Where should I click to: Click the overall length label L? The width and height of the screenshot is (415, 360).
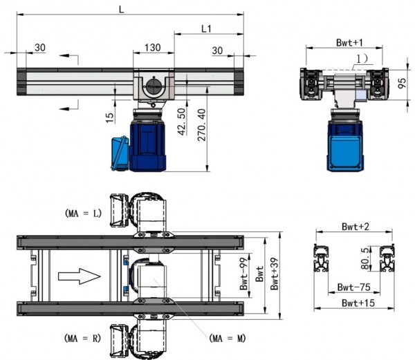[x=121, y=10]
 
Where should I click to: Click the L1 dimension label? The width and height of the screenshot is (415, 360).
[x=206, y=29]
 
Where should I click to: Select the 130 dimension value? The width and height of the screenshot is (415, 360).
[x=153, y=48]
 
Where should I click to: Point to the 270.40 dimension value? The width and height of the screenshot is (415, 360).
[x=202, y=125]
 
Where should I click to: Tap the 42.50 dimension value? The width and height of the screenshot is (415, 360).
[x=182, y=122]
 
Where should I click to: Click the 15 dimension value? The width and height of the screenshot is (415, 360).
[x=109, y=118]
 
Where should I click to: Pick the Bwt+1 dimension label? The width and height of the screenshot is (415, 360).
[x=349, y=43]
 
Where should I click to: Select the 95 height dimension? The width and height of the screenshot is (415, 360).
[x=402, y=84]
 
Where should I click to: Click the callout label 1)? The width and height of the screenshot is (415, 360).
[x=361, y=59]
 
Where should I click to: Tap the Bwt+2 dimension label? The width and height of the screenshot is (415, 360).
[x=356, y=227]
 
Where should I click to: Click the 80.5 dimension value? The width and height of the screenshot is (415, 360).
[x=365, y=258]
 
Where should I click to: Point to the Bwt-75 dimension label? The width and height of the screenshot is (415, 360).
[x=354, y=287]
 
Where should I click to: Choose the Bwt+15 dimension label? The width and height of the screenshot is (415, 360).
[x=358, y=303]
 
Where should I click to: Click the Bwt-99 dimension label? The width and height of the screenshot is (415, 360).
[x=243, y=274]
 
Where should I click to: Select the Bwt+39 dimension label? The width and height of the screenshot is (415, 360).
[x=275, y=274]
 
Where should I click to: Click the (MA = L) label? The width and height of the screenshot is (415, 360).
[x=83, y=214]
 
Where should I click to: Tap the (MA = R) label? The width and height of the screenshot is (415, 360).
[x=82, y=338]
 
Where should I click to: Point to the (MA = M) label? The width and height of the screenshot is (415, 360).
[x=228, y=338]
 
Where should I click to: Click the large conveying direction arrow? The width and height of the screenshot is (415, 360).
[x=80, y=276]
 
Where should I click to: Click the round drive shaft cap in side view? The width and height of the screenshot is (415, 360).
[x=154, y=86]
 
